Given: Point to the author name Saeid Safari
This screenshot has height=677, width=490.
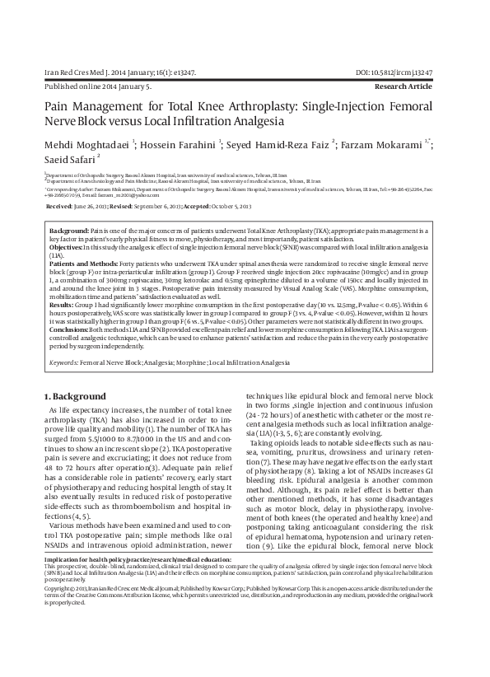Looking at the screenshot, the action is (68, 158).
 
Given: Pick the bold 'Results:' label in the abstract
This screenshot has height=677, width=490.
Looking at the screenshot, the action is (63, 304).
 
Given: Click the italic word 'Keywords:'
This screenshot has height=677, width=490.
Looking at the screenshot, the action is (64, 362).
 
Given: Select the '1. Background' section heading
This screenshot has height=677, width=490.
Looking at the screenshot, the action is (79, 395).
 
